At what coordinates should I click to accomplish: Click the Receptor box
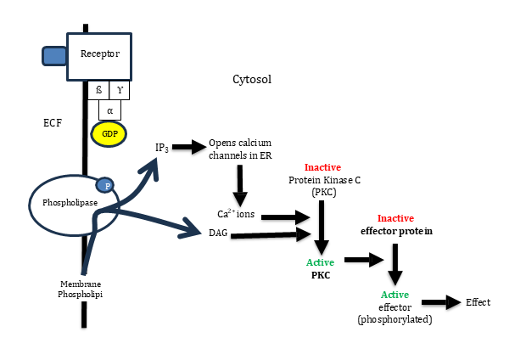click(100, 54)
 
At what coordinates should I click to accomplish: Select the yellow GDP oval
click(109, 134)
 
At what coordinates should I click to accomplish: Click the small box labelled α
click(110, 110)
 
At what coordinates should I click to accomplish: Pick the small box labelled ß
click(98, 90)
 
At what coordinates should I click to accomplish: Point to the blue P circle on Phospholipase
click(104, 185)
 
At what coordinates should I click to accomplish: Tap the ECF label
click(53, 123)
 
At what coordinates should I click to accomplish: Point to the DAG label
click(217, 232)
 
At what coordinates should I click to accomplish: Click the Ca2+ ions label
click(235, 214)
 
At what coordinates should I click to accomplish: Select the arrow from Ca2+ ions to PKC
click(286, 217)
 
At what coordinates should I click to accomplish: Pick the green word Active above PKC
click(320, 262)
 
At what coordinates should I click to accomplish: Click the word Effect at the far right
click(478, 302)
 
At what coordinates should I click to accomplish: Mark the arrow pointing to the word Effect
click(440, 302)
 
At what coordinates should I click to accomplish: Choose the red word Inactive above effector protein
click(394, 217)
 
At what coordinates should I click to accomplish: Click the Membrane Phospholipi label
click(81, 289)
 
